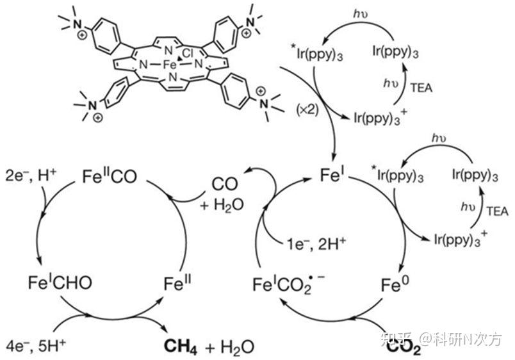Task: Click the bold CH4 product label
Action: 183,347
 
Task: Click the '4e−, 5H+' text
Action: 33,347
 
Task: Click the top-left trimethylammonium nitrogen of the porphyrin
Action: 76,24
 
